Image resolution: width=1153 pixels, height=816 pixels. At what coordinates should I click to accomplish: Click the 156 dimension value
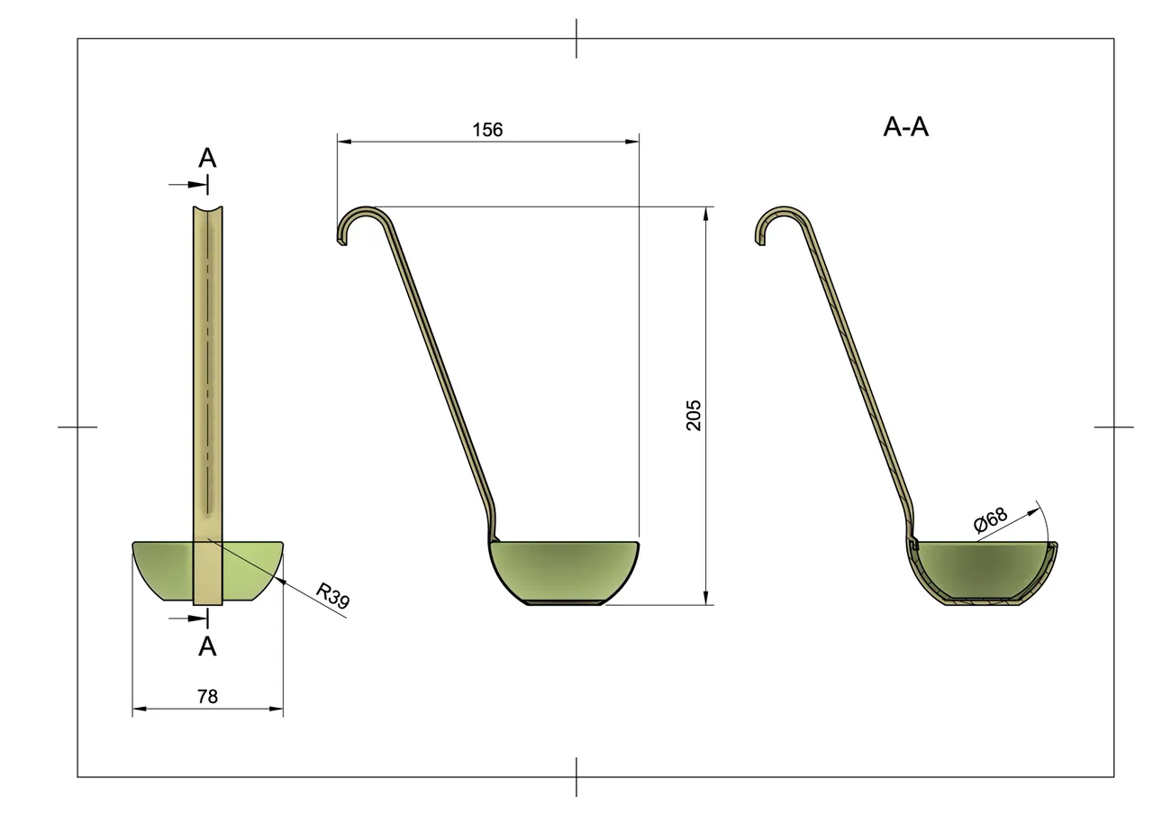point(487,130)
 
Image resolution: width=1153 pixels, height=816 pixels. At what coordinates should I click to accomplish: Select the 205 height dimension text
point(694,415)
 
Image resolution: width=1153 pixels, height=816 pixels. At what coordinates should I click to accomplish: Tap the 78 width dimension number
point(207,696)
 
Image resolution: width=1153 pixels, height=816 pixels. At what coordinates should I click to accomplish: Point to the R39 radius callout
point(332,596)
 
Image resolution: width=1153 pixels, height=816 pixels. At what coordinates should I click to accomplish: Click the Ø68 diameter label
point(990,521)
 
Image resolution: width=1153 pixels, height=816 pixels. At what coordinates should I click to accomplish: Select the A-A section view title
point(905,127)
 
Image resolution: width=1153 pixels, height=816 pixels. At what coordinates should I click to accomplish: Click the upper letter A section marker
point(207,159)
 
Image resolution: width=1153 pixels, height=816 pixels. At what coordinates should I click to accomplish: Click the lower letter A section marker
point(207,646)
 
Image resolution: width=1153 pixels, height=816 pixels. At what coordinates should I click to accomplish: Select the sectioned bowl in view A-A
point(984,572)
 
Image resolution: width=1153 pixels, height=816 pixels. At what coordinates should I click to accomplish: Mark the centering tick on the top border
point(576,38)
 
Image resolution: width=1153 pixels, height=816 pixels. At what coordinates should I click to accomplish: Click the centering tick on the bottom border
point(576,776)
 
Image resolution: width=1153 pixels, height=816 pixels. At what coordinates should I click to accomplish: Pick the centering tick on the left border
point(77,426)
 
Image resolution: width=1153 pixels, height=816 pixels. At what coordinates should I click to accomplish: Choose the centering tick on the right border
point(1113,426)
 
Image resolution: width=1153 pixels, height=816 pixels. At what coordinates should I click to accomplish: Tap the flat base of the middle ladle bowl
point(565,602)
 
